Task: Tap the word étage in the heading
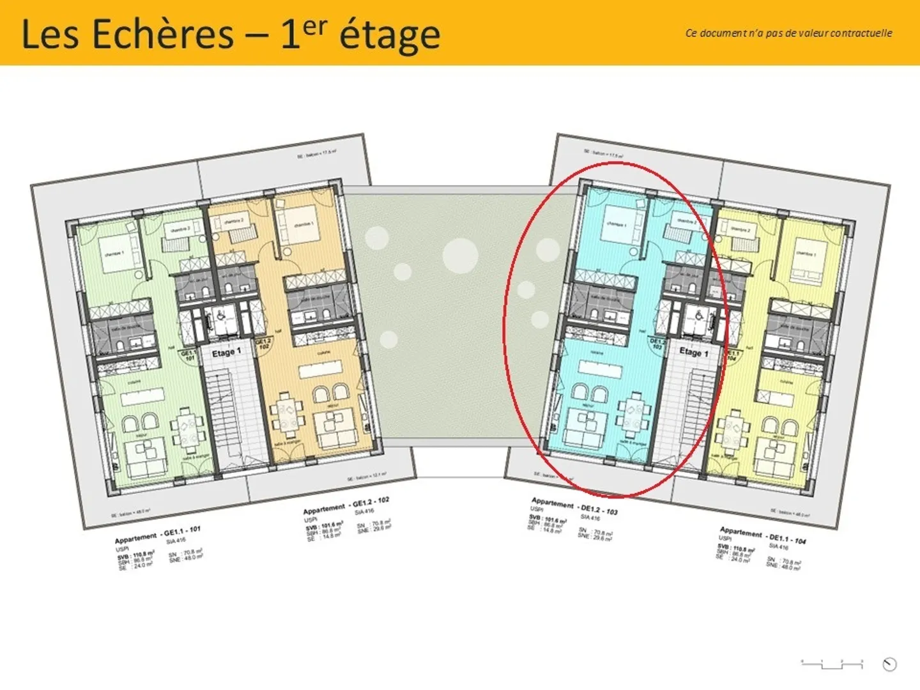[389, 35]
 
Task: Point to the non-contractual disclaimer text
[788, 33]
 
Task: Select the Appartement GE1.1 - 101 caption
[157, 534]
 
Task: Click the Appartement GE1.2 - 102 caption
[346, 505]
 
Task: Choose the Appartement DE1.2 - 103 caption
[574, 506]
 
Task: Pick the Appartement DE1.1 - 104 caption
[762, 535]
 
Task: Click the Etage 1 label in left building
[227, 353]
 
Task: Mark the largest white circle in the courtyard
[460, 255]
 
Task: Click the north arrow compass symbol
[889, 664]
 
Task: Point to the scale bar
[832, 664]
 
